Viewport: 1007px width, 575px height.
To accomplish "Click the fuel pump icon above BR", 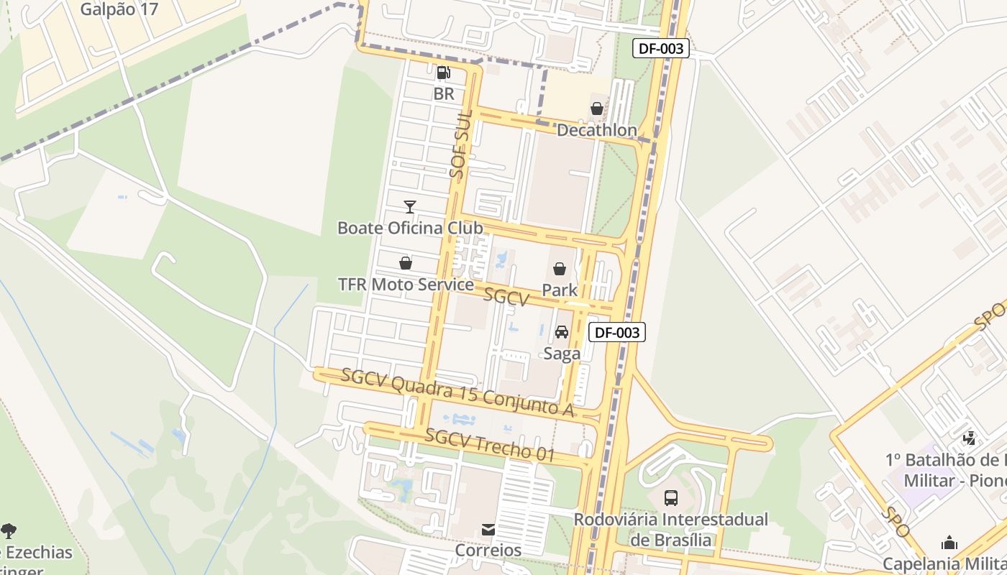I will (x=444, y=73).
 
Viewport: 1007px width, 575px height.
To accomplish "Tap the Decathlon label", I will (x=597, y=130).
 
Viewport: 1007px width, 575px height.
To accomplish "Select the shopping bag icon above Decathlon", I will (x=597, y=109).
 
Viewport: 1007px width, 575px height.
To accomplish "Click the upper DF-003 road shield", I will (x=661, y=49).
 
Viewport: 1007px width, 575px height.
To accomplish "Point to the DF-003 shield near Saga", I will (x=617, y=332).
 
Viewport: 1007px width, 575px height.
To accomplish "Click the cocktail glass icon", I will (x=409, y=207).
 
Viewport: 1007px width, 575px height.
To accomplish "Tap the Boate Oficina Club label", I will (x=410, y=228).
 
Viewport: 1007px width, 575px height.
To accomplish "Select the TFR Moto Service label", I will (x=406, y=285).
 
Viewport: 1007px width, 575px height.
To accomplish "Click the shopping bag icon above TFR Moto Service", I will (x=406, y=264).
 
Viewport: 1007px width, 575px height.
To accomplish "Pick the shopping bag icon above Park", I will (x=560, y=270).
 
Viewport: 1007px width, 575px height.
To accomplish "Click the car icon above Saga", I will (x=562, y=332).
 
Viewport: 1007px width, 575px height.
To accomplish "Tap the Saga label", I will (x=562, y=353).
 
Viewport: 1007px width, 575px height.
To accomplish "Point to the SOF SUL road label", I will (x=460, y=144).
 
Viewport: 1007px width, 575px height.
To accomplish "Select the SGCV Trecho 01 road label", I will (x=490, y=445).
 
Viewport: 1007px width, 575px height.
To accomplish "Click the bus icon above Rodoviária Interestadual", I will (x=671, y=497).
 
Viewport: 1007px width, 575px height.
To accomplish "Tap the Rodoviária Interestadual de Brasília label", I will (x=670, y=529).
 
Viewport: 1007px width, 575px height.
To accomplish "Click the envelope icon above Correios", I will (x=488, y=530).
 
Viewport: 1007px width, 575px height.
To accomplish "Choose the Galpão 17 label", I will (x=119, y=9).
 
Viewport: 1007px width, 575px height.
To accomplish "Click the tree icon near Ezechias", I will (x=9, y=531).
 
